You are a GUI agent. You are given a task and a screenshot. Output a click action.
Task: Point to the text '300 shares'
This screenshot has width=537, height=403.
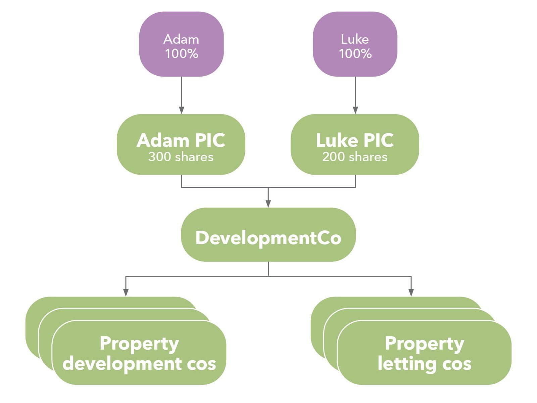(181, 157)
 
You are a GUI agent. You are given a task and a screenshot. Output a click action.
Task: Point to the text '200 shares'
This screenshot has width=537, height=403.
(355, 157)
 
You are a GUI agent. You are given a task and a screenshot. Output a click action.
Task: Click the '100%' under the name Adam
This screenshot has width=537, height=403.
(181, 54)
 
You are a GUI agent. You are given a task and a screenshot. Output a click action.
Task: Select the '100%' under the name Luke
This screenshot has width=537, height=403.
(355, 54)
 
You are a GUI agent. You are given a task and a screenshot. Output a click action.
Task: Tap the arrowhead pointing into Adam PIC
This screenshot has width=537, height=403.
(182, 110)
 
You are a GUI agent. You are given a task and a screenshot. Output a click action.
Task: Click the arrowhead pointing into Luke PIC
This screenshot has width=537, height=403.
(355, 110)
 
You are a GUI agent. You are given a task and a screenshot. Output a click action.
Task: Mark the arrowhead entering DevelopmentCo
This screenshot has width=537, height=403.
(268, 204)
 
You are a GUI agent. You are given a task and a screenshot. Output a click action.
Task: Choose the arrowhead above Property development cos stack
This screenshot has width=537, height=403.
(126, 293)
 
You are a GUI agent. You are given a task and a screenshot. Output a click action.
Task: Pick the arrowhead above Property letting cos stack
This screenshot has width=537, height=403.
(411, 293)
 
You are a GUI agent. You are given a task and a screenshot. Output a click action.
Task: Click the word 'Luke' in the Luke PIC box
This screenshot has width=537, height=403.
(337, 140)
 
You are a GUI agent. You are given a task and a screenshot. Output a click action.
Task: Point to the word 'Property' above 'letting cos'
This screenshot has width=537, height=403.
(424, 344)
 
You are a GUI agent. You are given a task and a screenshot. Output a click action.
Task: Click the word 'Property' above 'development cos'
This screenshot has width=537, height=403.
(139, 344)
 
